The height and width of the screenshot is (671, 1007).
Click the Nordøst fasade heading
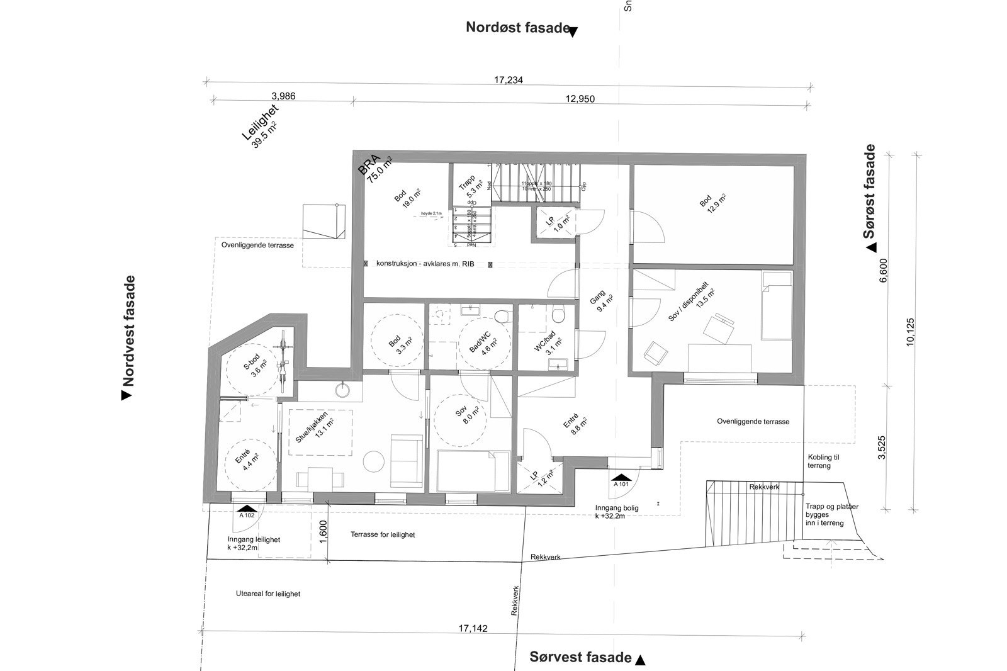coord(517,27)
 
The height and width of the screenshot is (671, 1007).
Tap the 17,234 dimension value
coord(509,80)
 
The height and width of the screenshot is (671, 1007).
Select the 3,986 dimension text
coord(283,96)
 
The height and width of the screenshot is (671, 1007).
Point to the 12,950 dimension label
coord(580,99)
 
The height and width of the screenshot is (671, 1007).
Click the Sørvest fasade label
coord(580,657)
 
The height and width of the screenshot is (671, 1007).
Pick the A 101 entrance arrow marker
coord(621,478)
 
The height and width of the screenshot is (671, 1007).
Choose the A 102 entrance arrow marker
coord(247,509)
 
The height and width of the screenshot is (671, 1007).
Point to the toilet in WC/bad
coord(557,314)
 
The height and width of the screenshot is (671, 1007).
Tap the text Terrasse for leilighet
coord(383,534)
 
